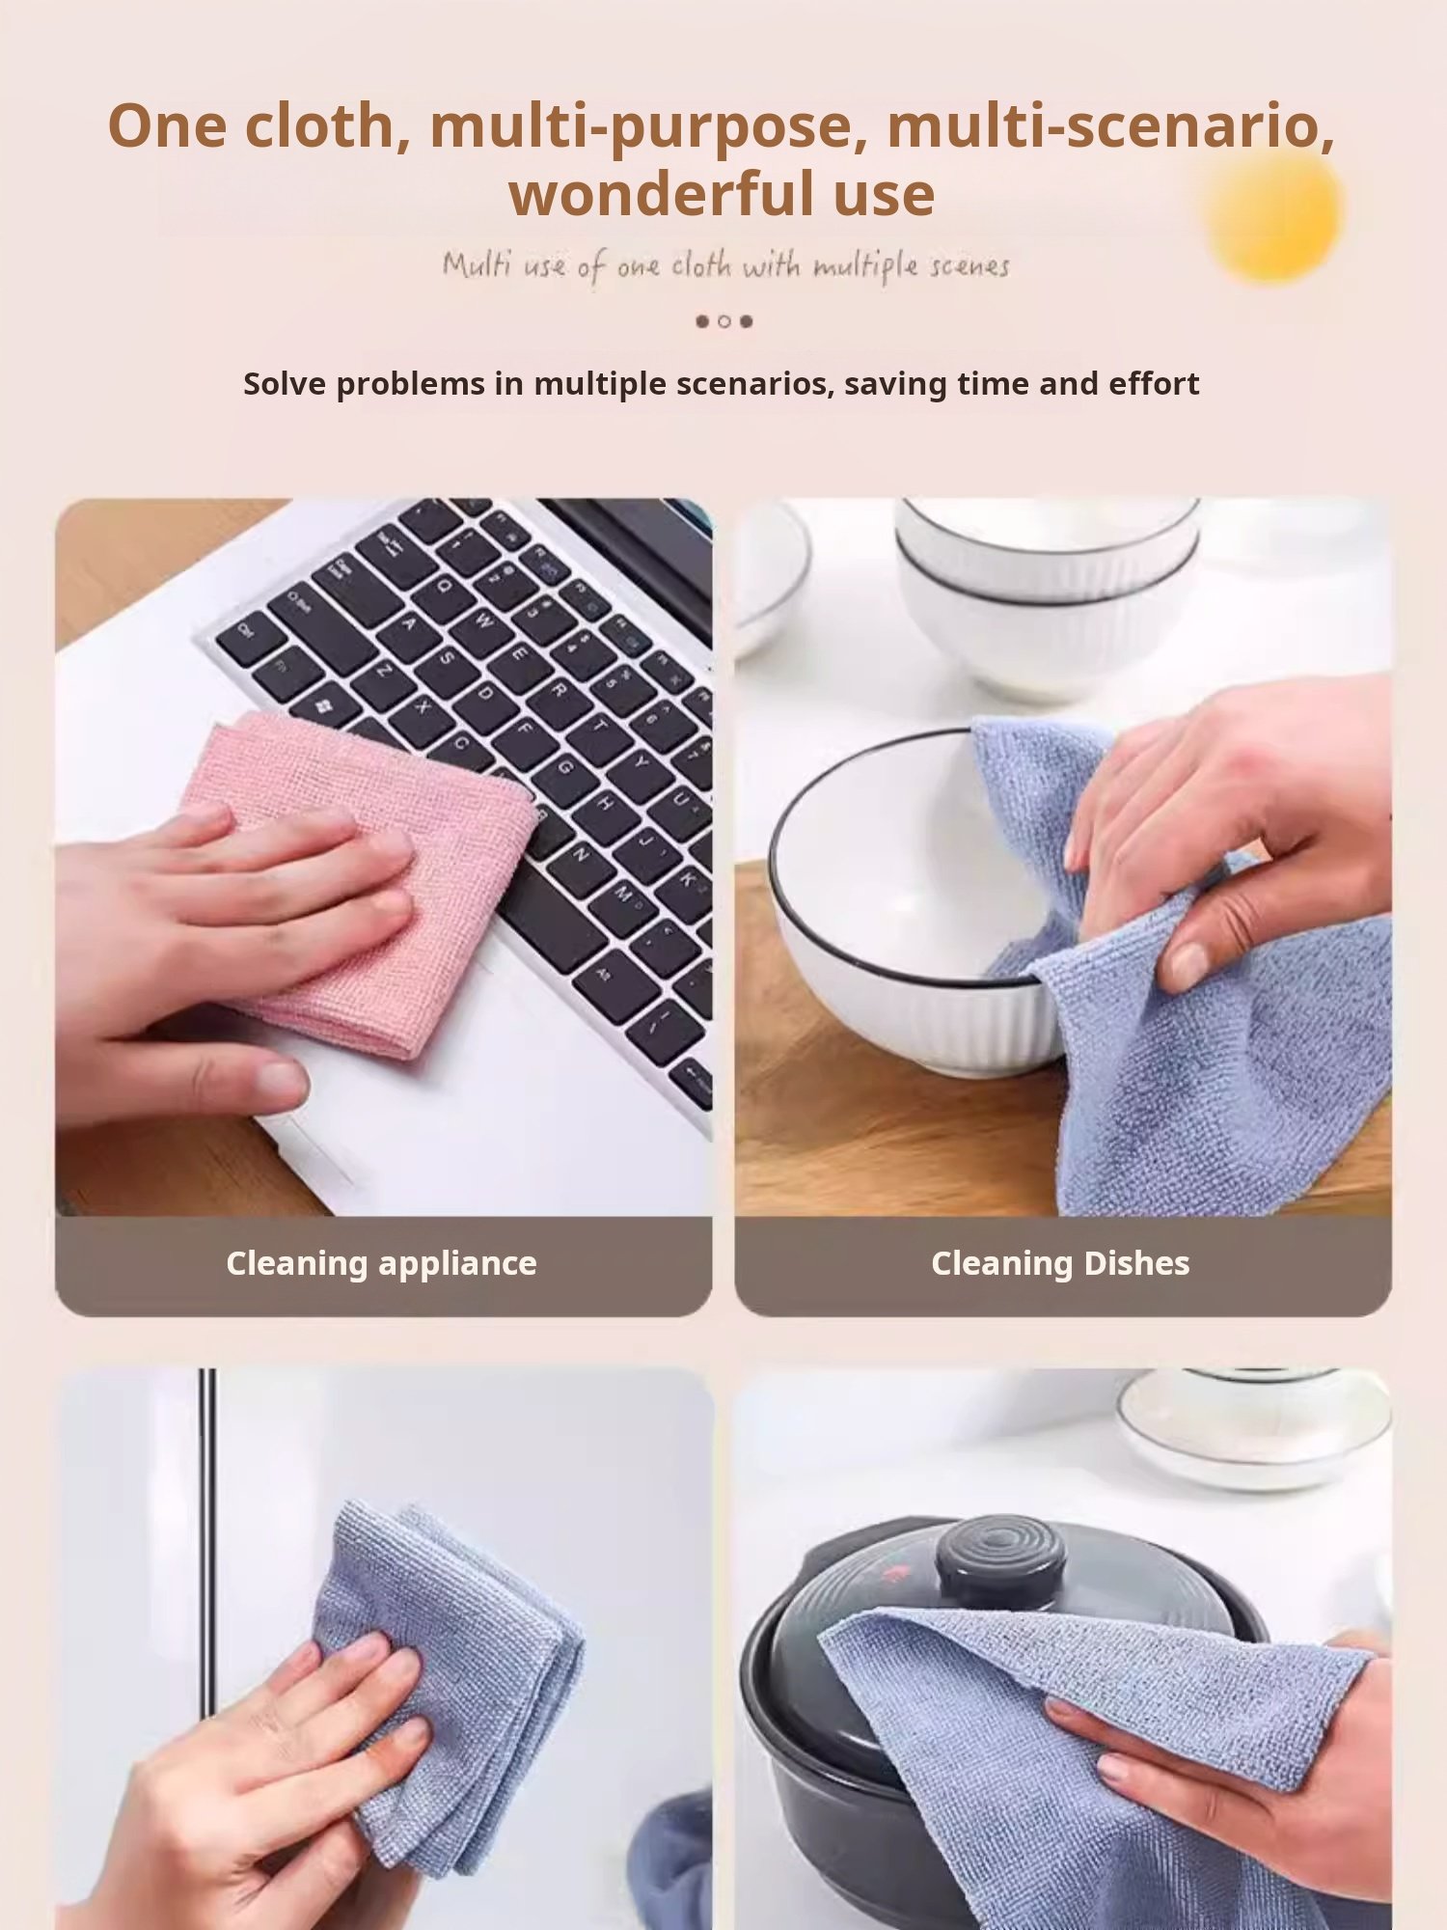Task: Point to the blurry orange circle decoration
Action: point(1273,214)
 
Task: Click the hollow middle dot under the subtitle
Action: point(723,321)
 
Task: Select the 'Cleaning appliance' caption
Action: point(382,1263)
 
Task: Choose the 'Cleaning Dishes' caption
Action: point(1060,1263)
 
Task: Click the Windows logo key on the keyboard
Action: point(324,707)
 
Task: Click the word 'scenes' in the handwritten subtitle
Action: point(969,266)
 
